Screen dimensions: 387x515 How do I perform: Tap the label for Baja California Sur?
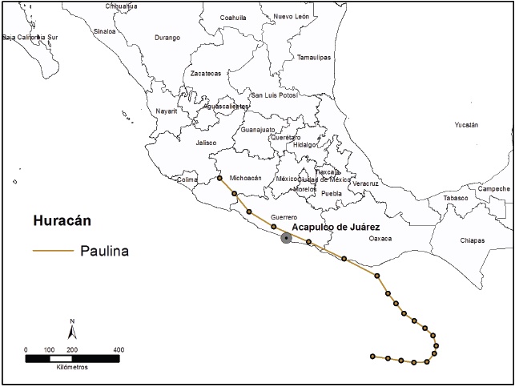30,37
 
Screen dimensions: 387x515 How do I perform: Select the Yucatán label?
465,125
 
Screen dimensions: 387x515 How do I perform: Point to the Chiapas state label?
472,240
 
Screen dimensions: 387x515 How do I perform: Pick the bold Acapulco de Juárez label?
340,227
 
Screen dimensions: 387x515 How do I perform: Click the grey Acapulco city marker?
286,238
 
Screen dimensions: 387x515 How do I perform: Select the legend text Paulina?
104,251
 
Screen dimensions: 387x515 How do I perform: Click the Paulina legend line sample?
51,252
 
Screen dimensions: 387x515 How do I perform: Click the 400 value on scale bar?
118,349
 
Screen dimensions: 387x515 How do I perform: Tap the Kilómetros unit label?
72,367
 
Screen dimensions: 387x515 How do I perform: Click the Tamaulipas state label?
313,57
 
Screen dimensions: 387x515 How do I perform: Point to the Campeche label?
493,189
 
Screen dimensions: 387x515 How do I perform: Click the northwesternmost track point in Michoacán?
219,179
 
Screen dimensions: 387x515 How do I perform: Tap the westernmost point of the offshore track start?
372,356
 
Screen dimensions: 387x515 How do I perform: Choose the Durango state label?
167,38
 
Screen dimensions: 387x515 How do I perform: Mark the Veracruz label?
364,183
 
